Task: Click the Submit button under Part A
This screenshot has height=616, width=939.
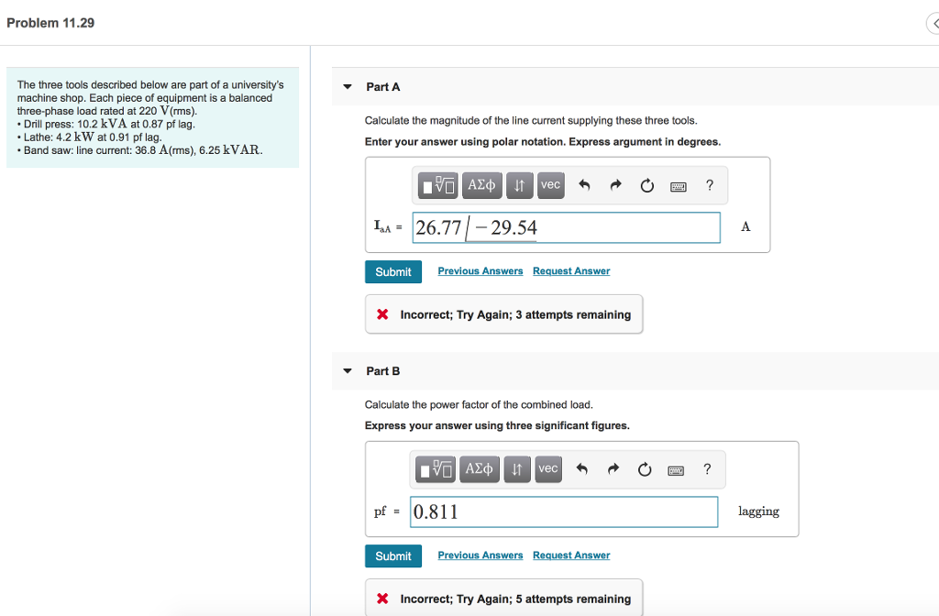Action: point(392,272)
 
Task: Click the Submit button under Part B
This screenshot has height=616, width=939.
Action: point(392,556)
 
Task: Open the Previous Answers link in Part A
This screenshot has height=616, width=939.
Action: point(480,271)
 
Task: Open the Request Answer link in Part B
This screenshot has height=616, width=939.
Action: point(570,555)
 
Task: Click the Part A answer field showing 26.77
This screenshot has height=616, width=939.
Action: point(566,227)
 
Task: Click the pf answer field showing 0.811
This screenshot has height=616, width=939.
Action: point(564,511)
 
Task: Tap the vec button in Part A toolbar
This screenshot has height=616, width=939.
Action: point(550,185)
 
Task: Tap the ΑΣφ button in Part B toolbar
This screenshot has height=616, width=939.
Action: point(479,469)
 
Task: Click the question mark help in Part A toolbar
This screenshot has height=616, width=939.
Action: point(709,185)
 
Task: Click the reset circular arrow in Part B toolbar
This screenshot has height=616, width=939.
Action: point(646,470)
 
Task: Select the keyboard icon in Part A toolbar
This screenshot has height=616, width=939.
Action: point(679,186)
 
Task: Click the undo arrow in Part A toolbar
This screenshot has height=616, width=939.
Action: point(583,185)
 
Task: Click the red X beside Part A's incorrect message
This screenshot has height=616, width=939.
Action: point(382,314)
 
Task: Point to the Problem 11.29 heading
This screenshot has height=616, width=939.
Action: point(50,23)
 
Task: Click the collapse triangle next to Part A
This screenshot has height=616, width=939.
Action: point(348,87)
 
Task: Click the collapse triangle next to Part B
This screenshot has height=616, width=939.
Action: point(348,371)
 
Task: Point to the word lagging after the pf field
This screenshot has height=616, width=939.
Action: point(758,511)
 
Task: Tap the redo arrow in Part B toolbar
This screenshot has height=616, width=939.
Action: point(613,469)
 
